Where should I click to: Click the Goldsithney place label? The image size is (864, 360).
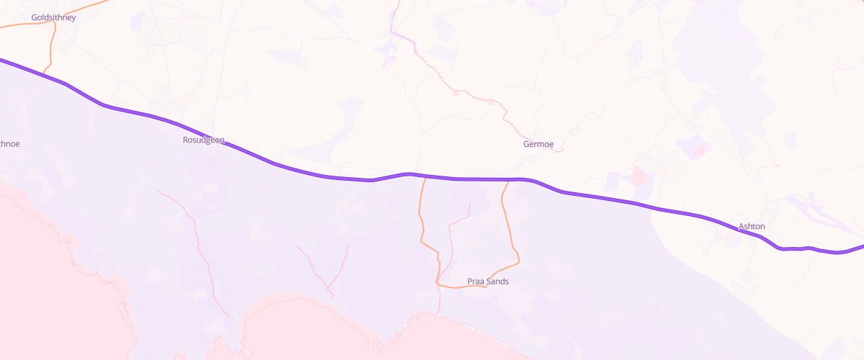54,17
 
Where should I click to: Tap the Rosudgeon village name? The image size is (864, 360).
204,140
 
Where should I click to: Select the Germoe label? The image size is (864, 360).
538,144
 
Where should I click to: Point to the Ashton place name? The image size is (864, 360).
752,227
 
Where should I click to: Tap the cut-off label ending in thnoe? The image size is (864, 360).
9,144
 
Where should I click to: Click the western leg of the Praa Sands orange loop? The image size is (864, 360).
420,223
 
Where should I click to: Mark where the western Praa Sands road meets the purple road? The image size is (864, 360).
425,176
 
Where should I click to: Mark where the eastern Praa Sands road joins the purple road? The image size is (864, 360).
508,179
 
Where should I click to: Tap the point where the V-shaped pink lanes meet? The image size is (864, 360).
330,294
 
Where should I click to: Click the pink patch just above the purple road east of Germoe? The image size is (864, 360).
638,175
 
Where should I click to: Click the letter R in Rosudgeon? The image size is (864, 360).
186,140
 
